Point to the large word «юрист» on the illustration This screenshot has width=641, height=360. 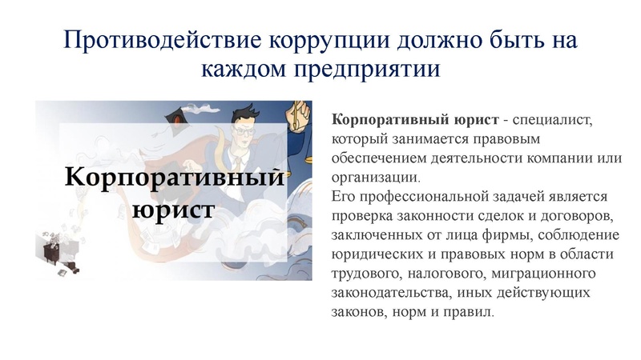pos(172,210)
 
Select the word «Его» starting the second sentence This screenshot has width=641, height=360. pos(341,196)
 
